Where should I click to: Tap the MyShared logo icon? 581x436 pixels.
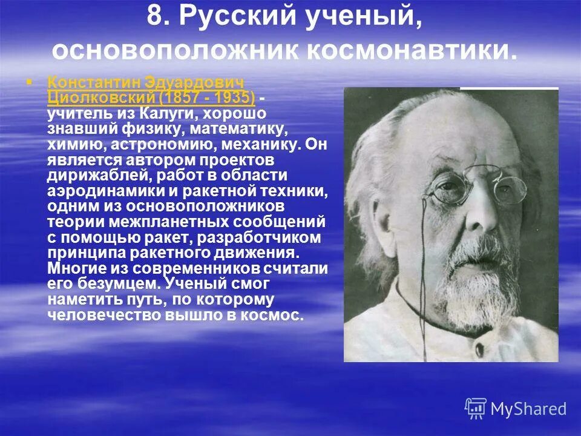[475, 409]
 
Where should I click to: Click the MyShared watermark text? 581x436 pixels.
[528, 409]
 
